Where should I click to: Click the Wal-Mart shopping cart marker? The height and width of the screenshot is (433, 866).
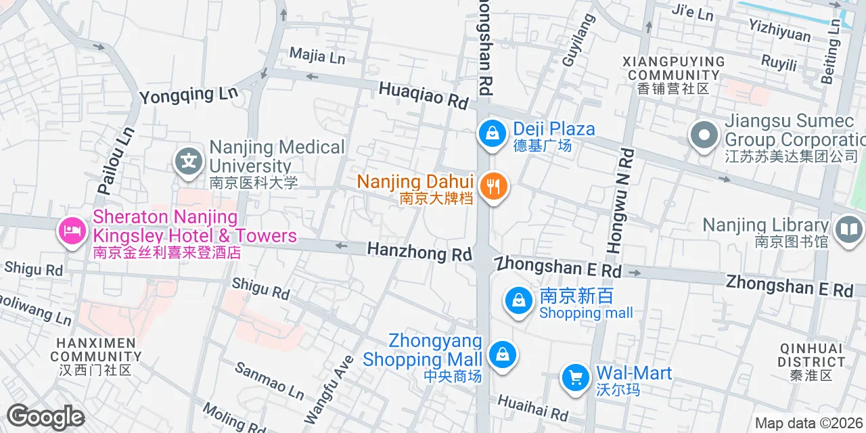[575, 377]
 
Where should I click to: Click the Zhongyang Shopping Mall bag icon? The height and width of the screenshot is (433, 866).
[502, 354]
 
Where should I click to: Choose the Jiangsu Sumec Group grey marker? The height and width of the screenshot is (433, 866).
[704, 134]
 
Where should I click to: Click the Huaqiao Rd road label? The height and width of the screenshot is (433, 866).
[424, 95]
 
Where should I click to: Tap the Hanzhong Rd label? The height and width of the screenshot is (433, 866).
[419, 252]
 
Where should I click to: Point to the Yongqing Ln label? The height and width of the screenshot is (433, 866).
[183, 95]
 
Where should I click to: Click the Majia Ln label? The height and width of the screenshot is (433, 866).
[317, 55]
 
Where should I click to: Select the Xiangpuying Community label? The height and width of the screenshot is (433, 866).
[673, 74]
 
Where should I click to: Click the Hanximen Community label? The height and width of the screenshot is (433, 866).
[95, 356]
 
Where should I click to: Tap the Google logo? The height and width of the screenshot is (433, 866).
[45, 417]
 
